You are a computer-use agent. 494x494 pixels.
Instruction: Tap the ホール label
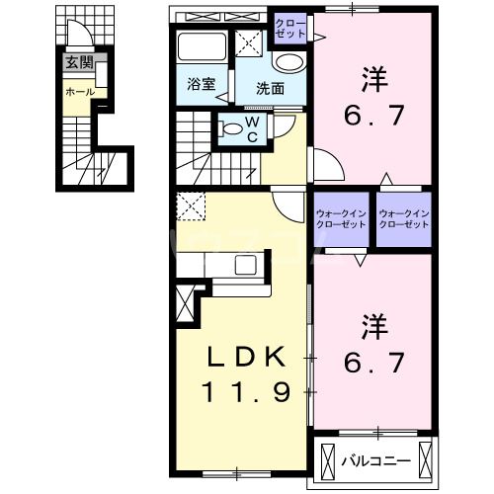(x=79, y=92)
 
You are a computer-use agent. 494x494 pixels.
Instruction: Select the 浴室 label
(x=201, y=85)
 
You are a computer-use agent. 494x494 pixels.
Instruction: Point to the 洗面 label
(x=270, y=88)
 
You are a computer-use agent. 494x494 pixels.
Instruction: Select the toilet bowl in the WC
(x=231, y=126)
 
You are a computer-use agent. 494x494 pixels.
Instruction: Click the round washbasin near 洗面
(x=288, y=61)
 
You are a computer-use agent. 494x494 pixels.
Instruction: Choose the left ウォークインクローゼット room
(x=341, y=218)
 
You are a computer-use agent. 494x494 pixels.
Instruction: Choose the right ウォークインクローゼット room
(x=404, y=218)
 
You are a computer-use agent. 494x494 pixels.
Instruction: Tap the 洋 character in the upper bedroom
(x=370, y=77)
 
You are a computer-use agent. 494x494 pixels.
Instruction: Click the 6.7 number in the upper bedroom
(x=370, y=117)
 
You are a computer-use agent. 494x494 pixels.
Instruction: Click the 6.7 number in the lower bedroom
(x=370, y=365)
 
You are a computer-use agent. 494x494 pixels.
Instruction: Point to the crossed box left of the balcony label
(x=328, y=460)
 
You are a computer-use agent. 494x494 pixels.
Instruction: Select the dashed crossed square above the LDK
(x=190, y=206)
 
